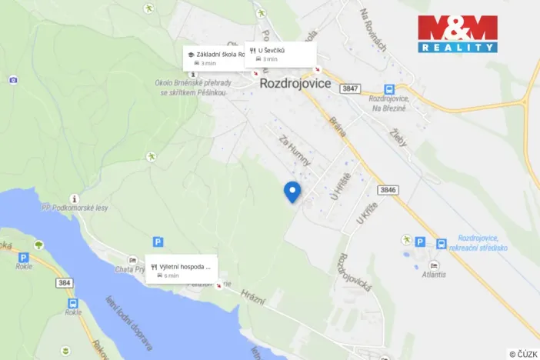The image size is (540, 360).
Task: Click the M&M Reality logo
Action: coord(458,33)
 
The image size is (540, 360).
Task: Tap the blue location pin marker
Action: coord(292,192)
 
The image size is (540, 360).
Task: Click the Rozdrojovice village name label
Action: coord(295,82)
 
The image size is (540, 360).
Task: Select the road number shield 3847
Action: coord(351,89)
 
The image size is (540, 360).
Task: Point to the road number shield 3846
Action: coord(388,188)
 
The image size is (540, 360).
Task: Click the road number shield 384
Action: coord(65,283)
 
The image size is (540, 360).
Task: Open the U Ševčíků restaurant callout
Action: coord(281,54)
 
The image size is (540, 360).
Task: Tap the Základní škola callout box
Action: coord(214,58)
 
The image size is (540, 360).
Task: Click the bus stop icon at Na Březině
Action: coord(389,89)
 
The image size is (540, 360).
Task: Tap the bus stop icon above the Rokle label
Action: coord(73,303)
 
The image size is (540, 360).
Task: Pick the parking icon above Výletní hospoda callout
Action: coord(158,242)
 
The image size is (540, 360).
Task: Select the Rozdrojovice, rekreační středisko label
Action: coord(482,243)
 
